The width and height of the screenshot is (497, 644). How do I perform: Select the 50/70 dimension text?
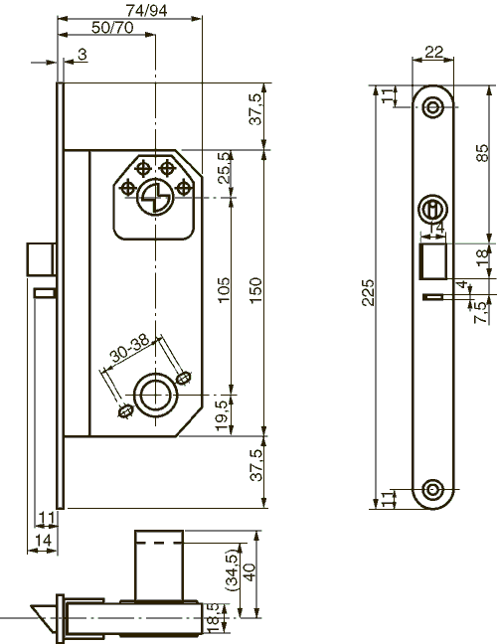(x=111, y=27)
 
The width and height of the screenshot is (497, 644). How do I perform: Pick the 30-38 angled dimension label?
(x=130, y=349)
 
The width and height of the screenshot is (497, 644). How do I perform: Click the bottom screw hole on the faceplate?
(x=432, y=490)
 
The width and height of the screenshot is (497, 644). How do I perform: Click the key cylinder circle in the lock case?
(x=154, y=198)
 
